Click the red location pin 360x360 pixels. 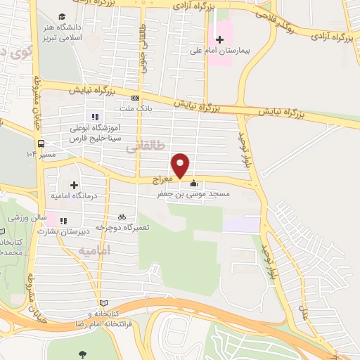tap(181, 165)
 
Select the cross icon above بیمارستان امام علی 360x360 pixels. tap(219, 39)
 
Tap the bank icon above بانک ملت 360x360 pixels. tap(136, 98)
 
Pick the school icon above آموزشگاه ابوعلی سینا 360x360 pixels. tap(93, 117)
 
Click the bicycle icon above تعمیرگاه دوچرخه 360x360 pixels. tap(122, 217)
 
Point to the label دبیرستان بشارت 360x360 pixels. tap(81, 230)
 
